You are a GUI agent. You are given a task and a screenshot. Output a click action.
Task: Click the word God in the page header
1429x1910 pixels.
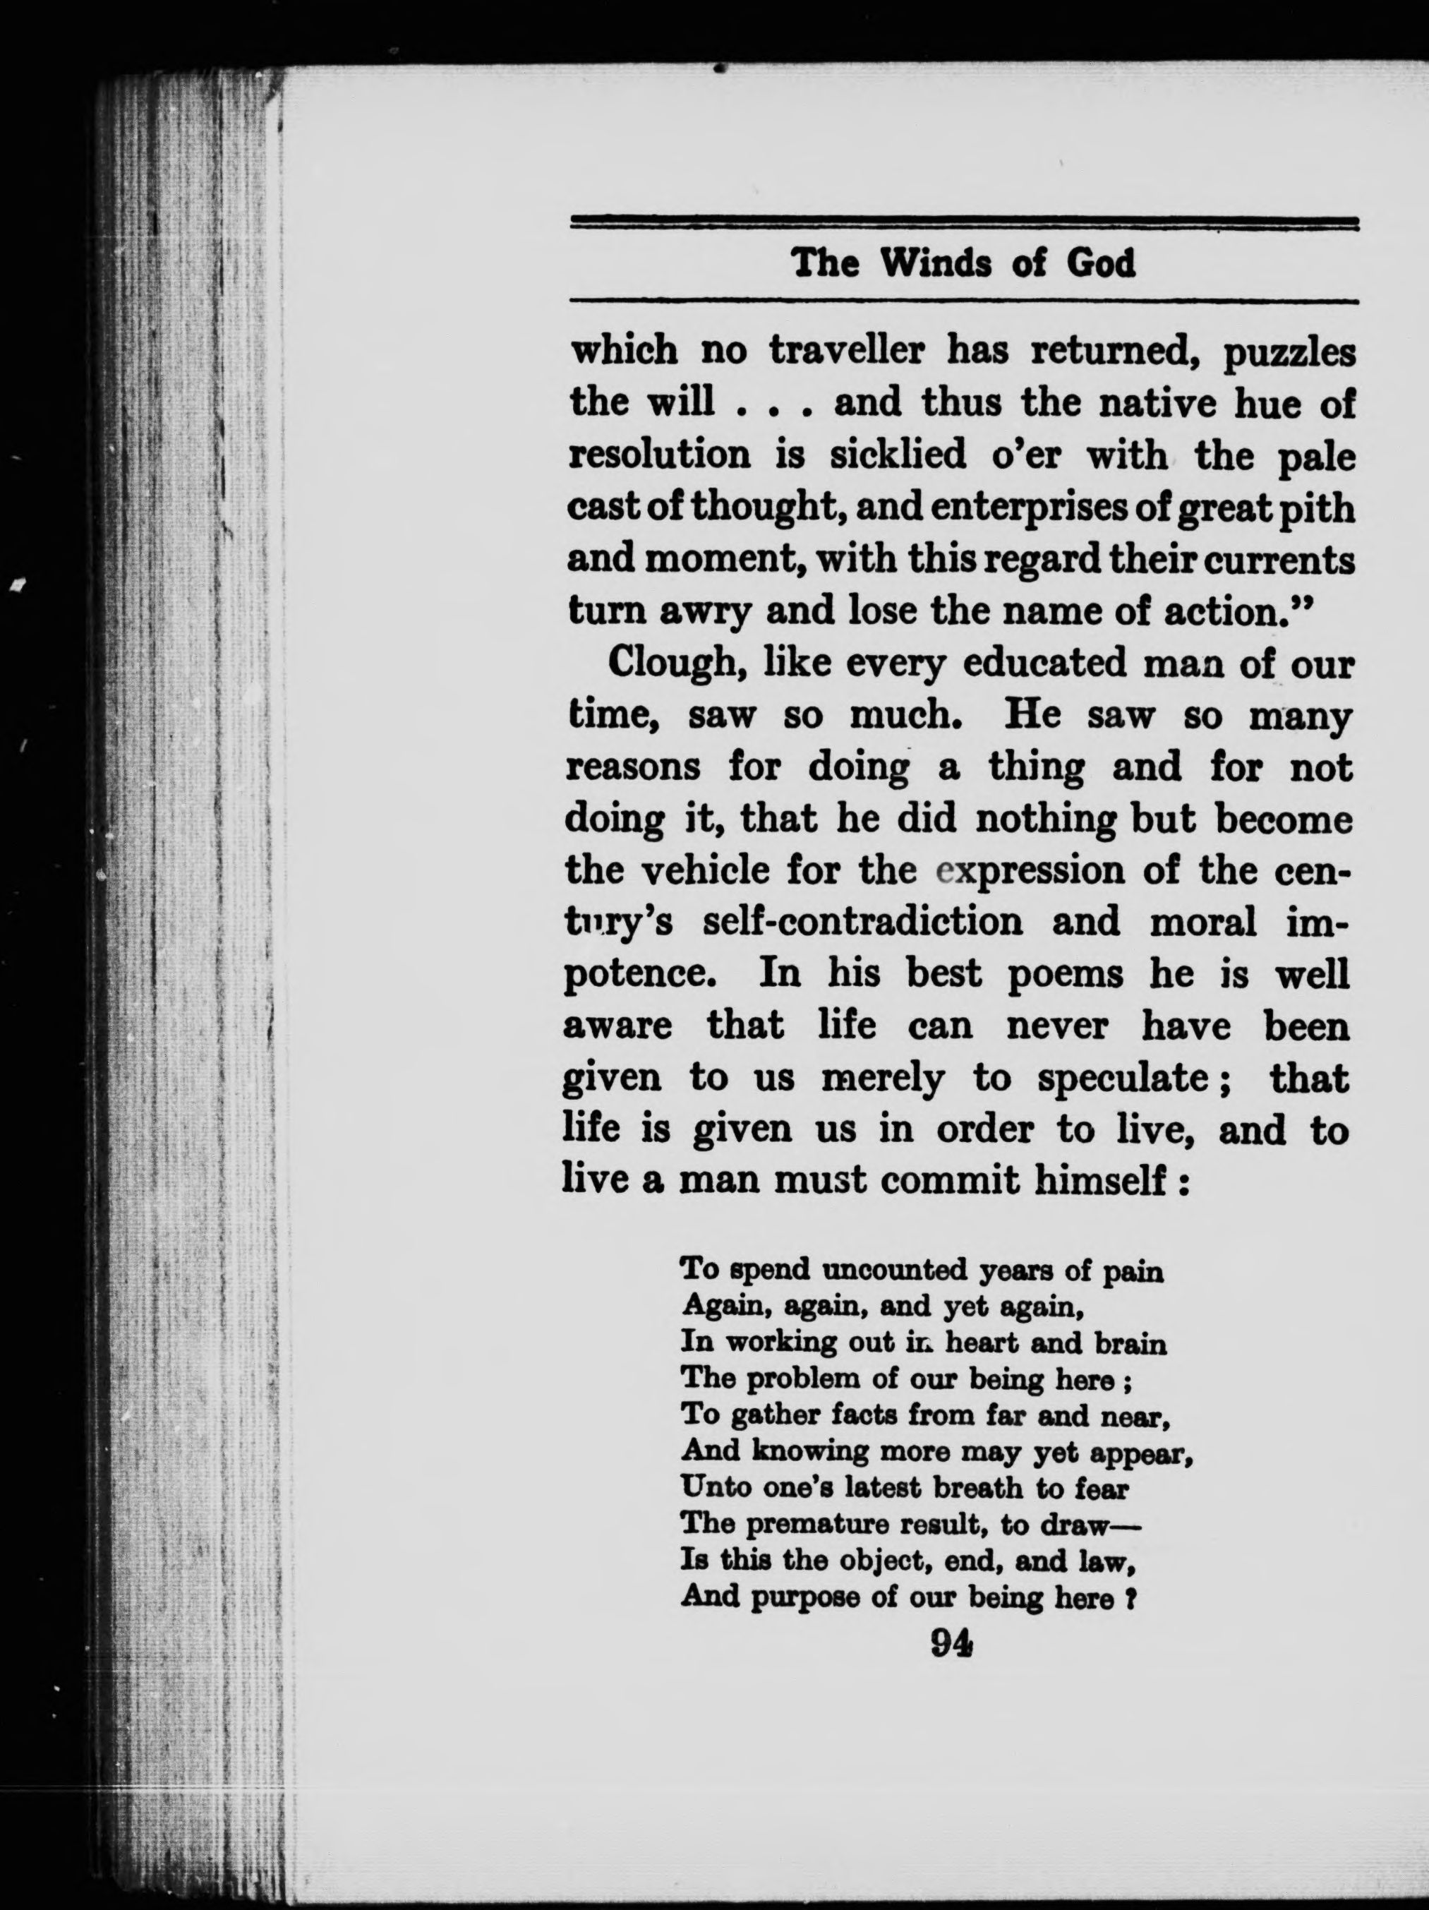[x=1101, y=263]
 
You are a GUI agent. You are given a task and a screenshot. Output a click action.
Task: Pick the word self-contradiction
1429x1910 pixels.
[x=862, y=923]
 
